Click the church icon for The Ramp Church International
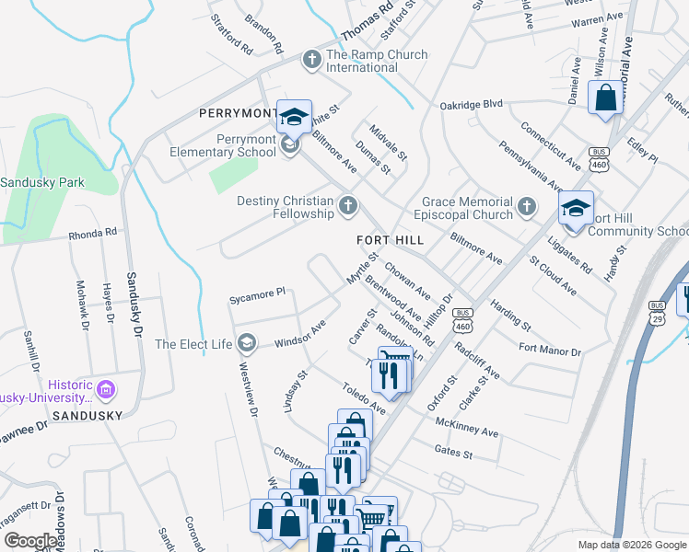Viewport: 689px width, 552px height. (x=311, y=60)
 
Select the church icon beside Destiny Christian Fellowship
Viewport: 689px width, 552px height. (x=348, y=205)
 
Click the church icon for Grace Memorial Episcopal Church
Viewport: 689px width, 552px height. (x=526, y=205)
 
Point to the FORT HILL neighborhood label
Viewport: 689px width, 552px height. (x=390, y=240)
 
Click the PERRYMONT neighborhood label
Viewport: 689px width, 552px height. (x=239, y=113)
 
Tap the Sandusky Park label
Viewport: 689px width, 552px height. (x=42, y=182)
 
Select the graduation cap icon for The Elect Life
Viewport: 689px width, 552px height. (x=246, y=344)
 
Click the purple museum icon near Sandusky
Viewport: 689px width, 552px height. (x=106, y=390)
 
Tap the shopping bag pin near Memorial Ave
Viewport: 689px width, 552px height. (x=605, y=98)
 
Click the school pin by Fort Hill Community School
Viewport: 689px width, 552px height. (x=576, y=210)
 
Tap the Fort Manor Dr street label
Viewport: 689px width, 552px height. (x=550, y=351)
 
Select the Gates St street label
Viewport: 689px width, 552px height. (x=453, y=453)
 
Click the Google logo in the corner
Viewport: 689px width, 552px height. (x=30, y=541)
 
